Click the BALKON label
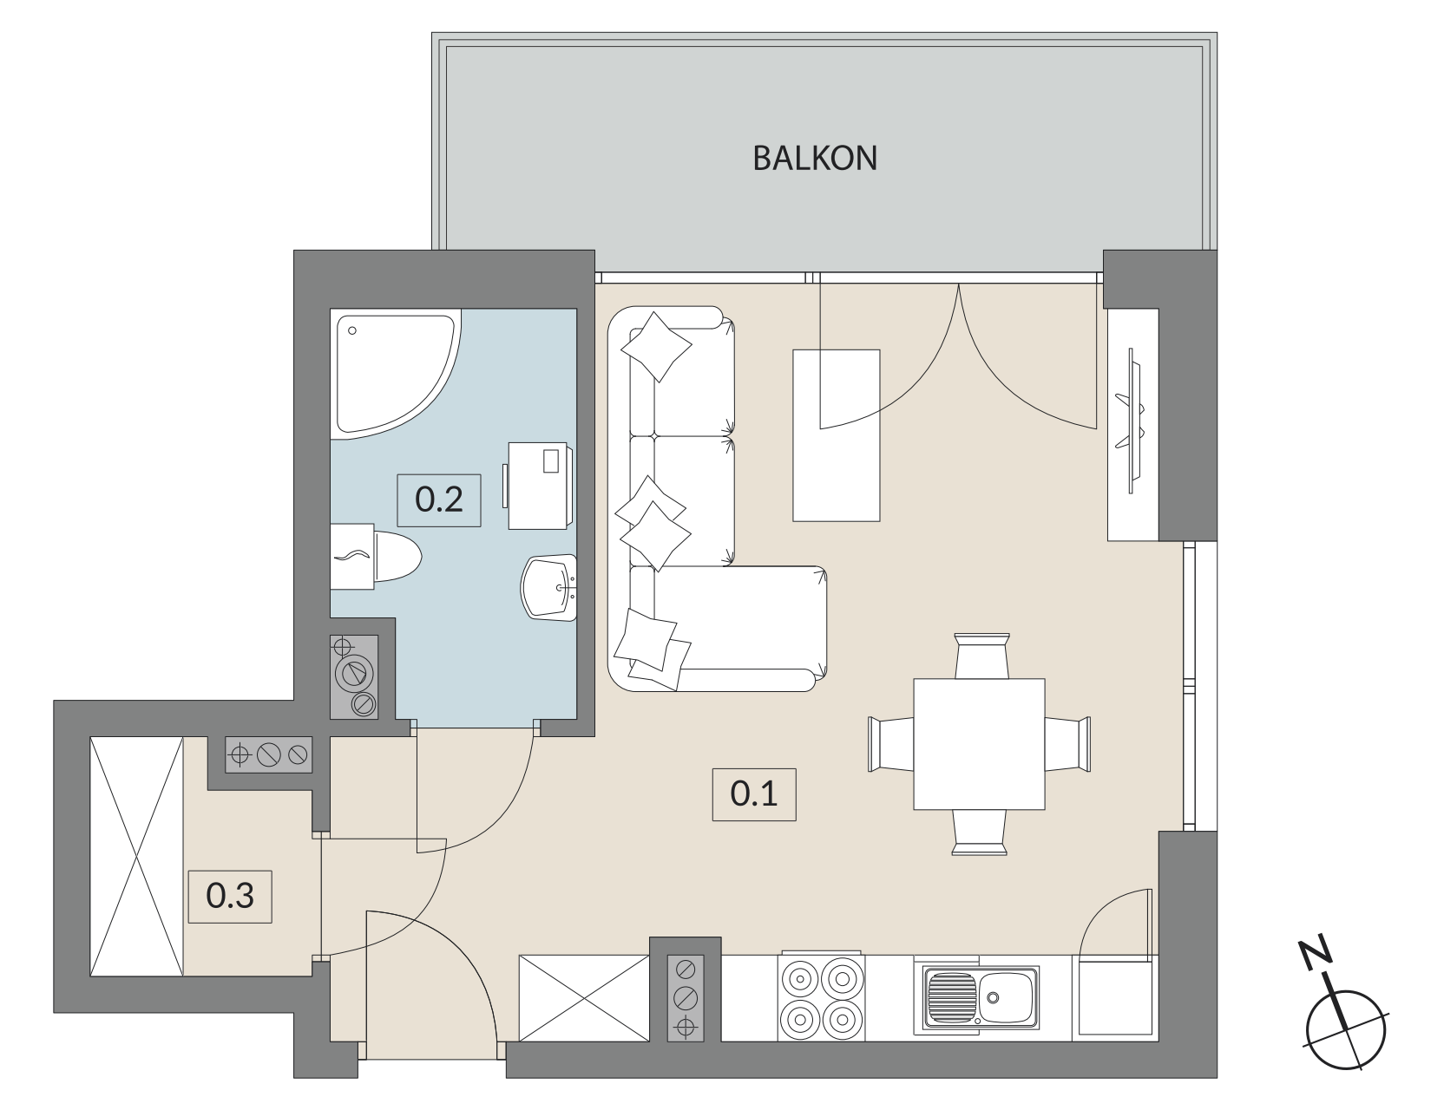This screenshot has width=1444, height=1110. pyautogui.click(x=815, y=159)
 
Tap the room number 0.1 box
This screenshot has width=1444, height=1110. pyautogui.click(x=753, y=794)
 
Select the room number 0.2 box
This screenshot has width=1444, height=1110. pyautogui.click(x=439, y=500)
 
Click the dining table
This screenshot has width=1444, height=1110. pyautogui.click(x=978, y=743)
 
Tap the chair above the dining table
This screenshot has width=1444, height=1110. pyautogui.click(x=981, y=656)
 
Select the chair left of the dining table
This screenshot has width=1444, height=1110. pyautogui.click(x=891, y=743)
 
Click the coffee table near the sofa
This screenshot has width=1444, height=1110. pyautogui.click(x=837, y=435)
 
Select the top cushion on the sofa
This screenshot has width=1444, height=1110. pyautogui.click(x=658, y=346)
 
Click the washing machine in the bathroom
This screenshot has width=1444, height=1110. pyautogui.click(x=539, y=485)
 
